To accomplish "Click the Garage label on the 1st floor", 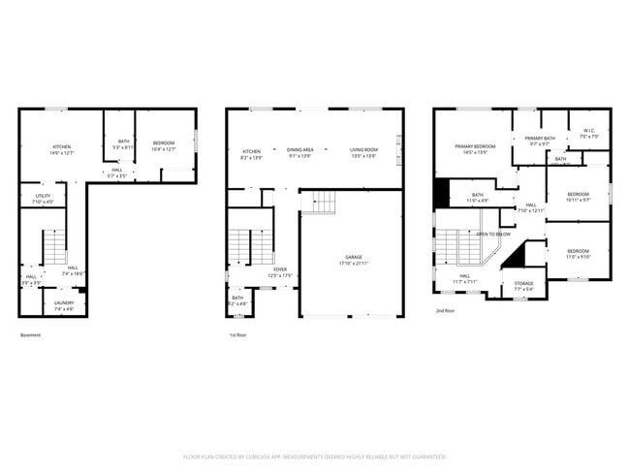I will (350, 257).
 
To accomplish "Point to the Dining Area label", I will (299, 150).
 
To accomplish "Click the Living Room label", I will (363, 150).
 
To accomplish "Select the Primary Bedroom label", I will (476, 146).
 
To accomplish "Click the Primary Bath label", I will (540, 139).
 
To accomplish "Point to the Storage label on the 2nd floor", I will (523, 284).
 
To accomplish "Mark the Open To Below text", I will (493, 234).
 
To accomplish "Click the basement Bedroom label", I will (164, 143).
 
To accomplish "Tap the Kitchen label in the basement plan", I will (61, 146).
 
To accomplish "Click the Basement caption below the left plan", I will (31, 335).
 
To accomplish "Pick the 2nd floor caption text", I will (445, 311).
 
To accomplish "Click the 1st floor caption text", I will (237, 335).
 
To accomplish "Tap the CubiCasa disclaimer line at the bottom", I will (315, 457).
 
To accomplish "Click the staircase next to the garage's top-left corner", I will (319, 203).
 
